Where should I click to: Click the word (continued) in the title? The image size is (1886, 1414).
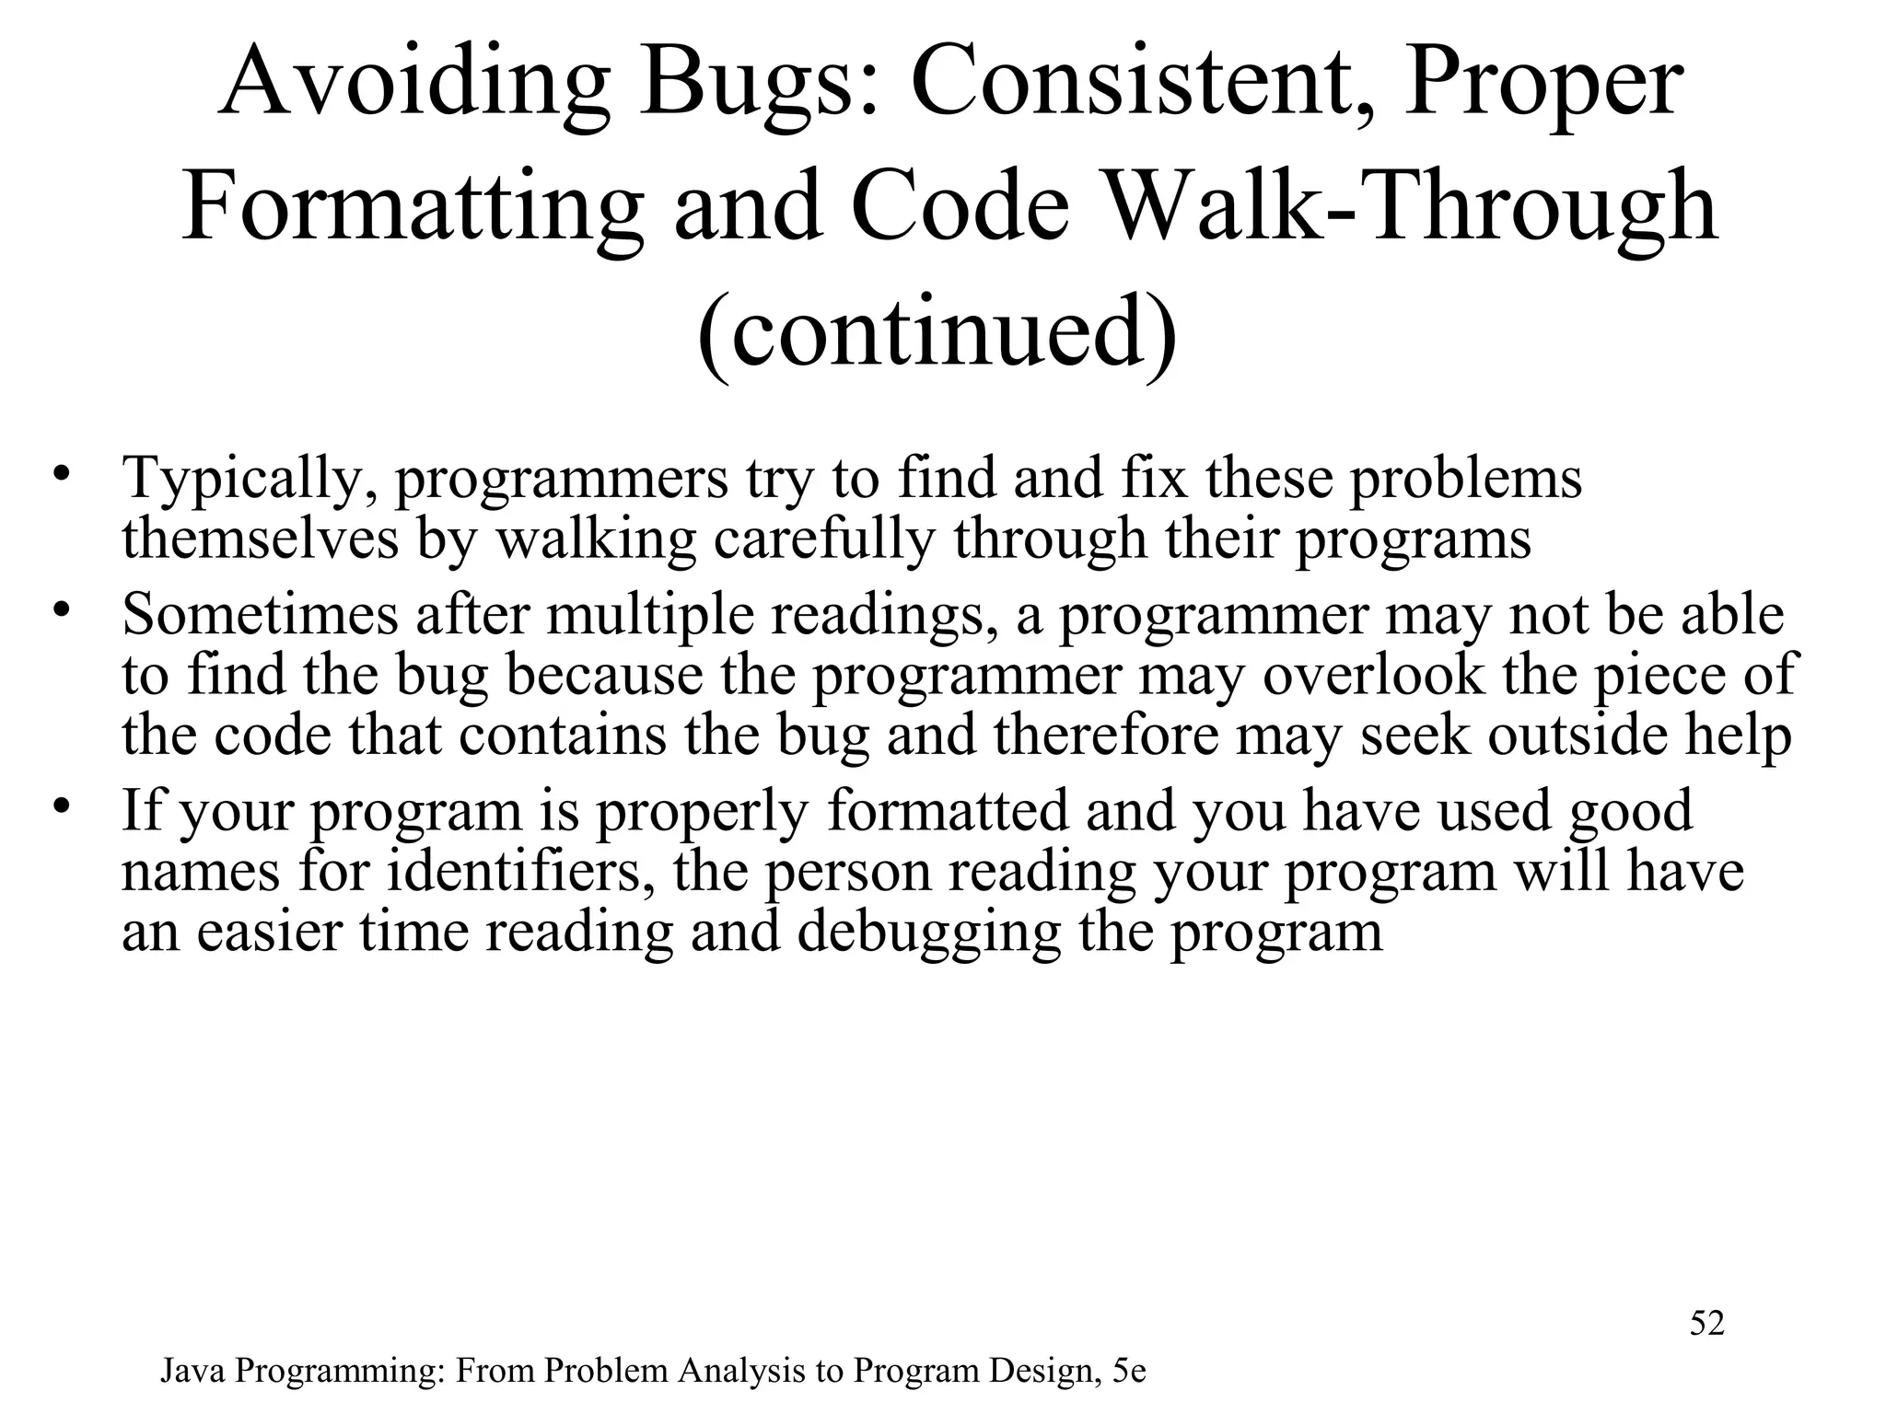tap(937, 331)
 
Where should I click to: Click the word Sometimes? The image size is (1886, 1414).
tap(261, 614)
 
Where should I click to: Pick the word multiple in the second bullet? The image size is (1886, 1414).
tap(650, 614)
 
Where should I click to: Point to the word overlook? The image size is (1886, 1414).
tap(1373, 675)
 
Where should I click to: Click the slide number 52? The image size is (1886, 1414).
tap(1706, 1324)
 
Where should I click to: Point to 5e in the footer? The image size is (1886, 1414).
tap(1129, 1372)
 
